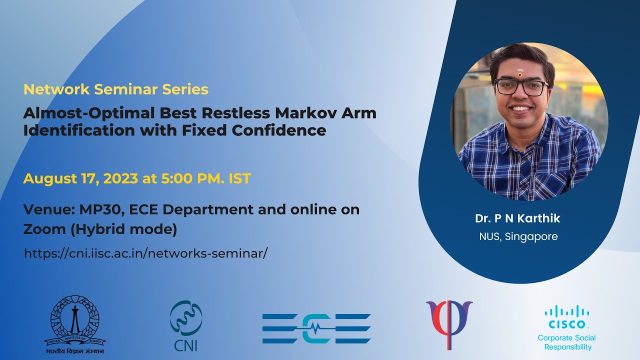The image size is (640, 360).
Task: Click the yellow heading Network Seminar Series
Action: click(x=116, y=89)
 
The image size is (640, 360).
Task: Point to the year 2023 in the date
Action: click(x=120, y=178)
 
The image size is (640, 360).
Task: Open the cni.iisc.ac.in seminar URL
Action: click(x=146, y=253)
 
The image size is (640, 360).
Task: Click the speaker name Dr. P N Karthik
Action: click(x=517, y=218)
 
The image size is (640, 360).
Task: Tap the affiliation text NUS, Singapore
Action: click(x=518, y=236)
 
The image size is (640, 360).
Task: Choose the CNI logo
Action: click(x=185, y=325)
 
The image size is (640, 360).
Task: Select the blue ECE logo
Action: click(x=316, y=328)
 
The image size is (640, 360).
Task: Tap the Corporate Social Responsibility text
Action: click(x=566, y=342)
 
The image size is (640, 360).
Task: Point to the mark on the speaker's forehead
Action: click(x=520, y=73)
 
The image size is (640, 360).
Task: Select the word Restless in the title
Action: click(x=217, y=113)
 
